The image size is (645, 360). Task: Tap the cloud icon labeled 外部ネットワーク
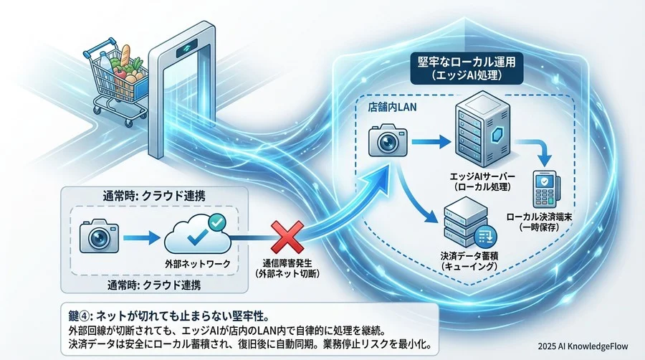point(196,234)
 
